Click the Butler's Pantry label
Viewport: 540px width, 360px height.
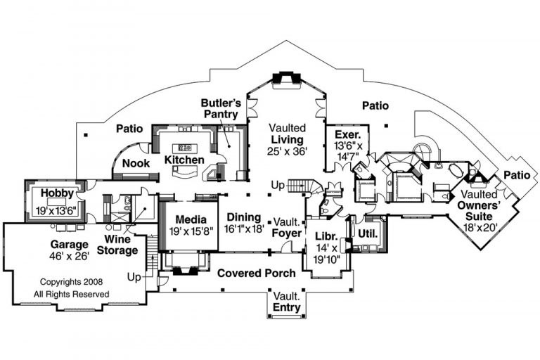(222, 108)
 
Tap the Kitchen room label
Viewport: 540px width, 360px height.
(184, 160)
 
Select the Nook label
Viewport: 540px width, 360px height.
(134, 163)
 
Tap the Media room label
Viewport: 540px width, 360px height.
(190, 219)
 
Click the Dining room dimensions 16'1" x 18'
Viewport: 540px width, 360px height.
(243, 229)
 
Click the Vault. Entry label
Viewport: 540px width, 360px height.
(287, 302)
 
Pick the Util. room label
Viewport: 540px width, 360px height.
(368, 233)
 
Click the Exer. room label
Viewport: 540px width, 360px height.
(348, 134)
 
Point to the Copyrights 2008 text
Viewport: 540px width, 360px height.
(72, 282)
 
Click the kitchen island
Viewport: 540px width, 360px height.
(186, 148)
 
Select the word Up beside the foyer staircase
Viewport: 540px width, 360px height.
(277, 185)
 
